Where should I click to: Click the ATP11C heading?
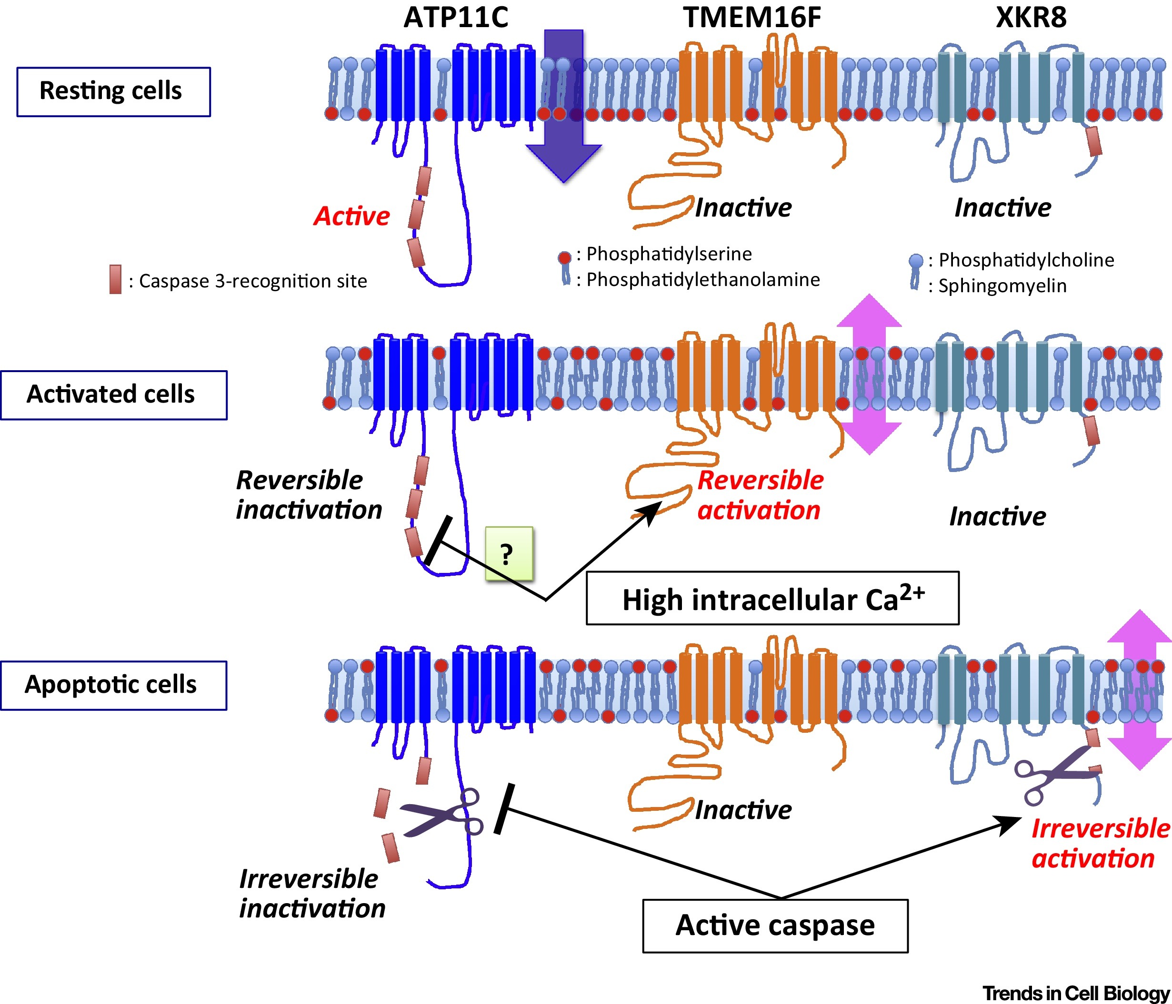tap(455, 17)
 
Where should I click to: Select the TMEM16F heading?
tap(752, 17)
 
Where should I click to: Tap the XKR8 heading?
tap(1031, 17)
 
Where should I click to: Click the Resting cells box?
tap(113, 91)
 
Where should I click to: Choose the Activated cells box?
tap(113, 394)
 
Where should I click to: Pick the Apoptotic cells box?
tap(113, 685)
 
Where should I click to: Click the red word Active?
tap(352, 216)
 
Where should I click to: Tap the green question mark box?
tap(509, 553)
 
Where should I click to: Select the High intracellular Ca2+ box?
tap(772, 598)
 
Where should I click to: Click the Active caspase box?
tap(775, 925)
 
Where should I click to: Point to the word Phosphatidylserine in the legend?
tap(669, 254)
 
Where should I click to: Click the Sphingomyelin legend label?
tap(1002, 285)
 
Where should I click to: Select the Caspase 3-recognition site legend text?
tap(253, 281)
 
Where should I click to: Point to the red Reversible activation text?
tap(760, 495)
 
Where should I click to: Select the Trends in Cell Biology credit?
tap(1075, 993)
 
